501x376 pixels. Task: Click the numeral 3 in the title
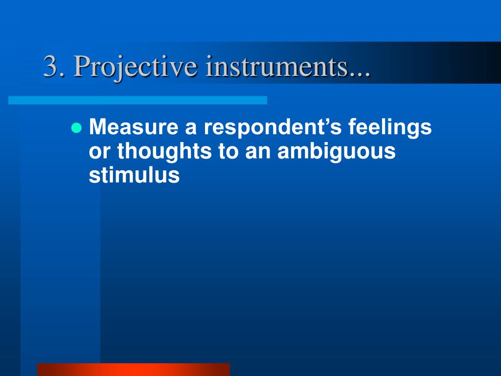tap(50, 66)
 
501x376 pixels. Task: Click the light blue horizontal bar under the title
tap(137, 100)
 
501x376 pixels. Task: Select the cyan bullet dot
tap(76, 128)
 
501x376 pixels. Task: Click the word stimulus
tap(134, 176)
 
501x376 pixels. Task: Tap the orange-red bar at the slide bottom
tap(133, 369)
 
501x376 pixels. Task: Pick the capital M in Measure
tap(97, 128)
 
